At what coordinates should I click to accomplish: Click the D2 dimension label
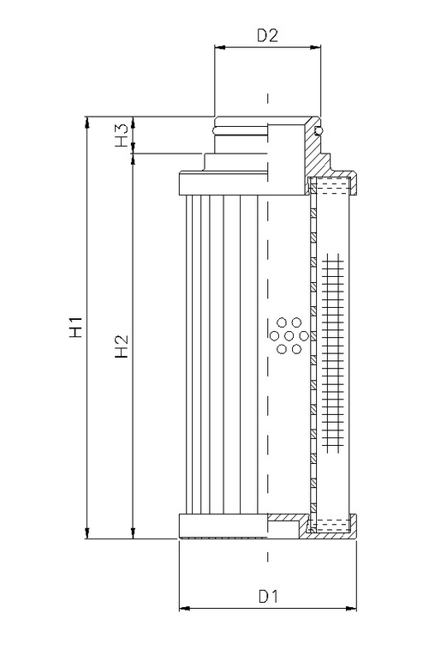point(267,35)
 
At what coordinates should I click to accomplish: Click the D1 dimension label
point(268,594)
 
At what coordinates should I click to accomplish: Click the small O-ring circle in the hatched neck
point(318,130)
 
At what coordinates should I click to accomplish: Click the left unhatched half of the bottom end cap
point(223,525)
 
